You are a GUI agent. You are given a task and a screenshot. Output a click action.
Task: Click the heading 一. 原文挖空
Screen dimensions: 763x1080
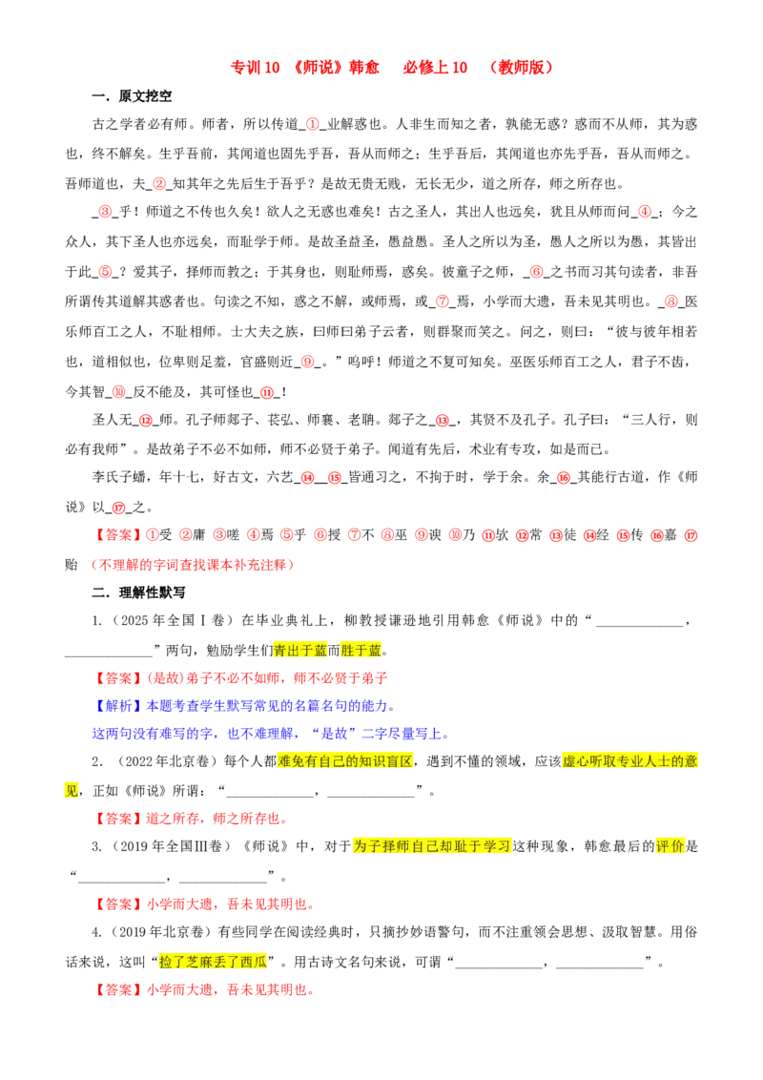pos(132,95)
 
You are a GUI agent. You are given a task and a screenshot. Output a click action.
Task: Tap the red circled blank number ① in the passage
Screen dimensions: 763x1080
pos(312,124)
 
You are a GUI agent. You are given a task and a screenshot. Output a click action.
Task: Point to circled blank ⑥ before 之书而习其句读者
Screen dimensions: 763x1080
pos(536,272)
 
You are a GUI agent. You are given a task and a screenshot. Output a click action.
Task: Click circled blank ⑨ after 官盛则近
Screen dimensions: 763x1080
pos(308,362)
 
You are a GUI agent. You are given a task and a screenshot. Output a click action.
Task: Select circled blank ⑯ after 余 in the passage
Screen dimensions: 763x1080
pos(564,477)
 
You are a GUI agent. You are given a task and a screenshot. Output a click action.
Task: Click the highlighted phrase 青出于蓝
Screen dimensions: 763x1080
pos(300,651)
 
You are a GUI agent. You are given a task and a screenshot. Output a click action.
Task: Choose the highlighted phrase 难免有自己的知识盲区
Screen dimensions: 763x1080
pos(345,761)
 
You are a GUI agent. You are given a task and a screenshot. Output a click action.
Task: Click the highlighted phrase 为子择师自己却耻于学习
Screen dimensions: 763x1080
pos(432,846)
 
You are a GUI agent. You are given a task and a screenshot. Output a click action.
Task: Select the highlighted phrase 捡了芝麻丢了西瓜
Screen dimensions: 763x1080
pos(213,962)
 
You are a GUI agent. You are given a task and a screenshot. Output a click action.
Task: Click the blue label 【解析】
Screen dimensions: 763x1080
pos(118,706)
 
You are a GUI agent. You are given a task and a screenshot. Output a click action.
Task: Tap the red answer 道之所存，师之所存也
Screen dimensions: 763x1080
pos(217,819)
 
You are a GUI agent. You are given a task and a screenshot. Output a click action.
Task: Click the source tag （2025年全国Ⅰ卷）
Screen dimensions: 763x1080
pos(170,620)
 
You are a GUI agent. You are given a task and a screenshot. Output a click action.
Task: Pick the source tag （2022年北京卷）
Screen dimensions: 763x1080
pos(165,761)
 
